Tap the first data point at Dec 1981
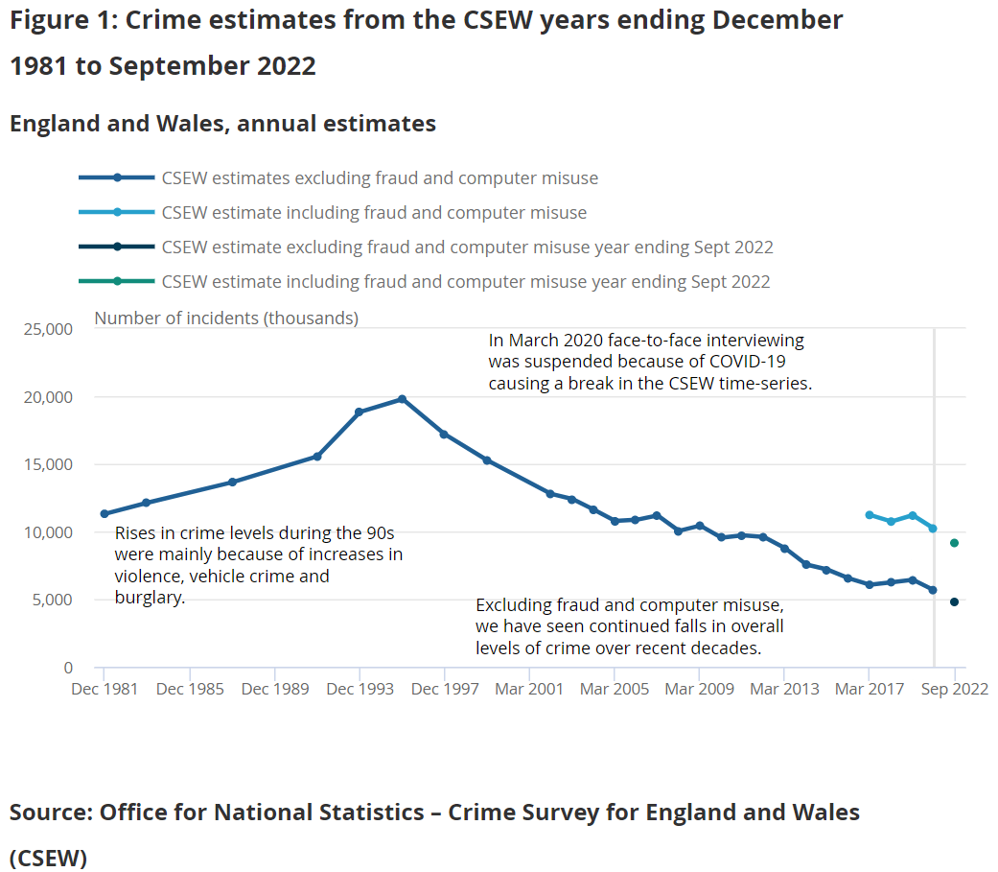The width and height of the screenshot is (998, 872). [x=104, y=513]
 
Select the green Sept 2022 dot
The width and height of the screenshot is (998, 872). [x=954, y=543]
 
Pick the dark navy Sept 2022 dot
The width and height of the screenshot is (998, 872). [x=954, y=601]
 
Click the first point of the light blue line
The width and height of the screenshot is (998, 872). [x=870, y=515]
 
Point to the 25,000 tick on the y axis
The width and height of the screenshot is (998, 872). [x=48, y=329]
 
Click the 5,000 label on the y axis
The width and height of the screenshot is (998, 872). [x=52, y=600]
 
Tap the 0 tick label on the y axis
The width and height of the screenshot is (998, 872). [x=68, y=668]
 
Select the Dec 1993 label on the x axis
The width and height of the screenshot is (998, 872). [x=360, y=689]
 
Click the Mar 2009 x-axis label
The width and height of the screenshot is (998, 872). [x=700, y=689]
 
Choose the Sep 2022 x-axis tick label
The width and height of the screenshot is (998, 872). [x=955, y=689]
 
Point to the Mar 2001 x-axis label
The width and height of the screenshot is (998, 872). [x=529, y=689]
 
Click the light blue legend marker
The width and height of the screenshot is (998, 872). [x=117, y=212]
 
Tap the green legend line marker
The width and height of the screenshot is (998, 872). [x=117, y=281]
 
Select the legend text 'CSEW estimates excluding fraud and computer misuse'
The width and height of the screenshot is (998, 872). [x=380, y=178]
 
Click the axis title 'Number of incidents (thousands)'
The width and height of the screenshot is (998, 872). [x=226, y=318]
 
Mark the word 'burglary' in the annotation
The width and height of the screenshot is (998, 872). [x=149, y=598]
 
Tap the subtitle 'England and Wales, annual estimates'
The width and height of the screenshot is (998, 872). [x=222, y=124]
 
